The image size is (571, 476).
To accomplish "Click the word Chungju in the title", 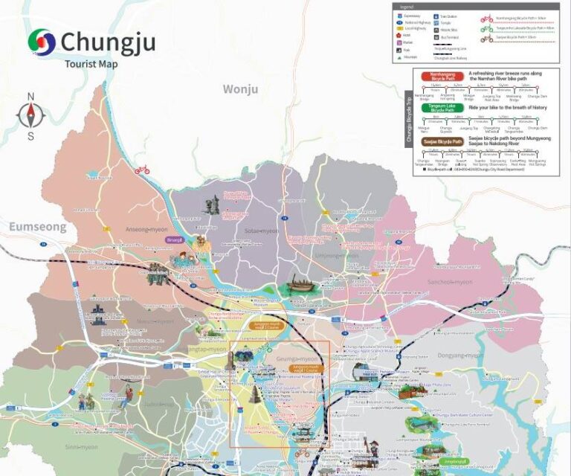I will coord(108,42).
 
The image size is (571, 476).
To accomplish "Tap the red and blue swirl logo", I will coord(42,42).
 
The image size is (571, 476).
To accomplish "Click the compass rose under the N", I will coord(31,116).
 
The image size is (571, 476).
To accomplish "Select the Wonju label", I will coord(240,89).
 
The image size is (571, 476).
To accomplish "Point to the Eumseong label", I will coord(37,226).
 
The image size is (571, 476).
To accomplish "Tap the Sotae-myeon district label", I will coord(261,231).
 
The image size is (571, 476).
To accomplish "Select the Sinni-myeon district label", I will coord(81,447).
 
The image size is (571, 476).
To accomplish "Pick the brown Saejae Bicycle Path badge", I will coord(442,141).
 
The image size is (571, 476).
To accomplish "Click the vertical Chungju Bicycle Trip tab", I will coord(408,118).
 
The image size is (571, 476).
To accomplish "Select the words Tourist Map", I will coord(91,63).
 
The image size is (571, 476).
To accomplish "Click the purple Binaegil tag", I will coord(174,239).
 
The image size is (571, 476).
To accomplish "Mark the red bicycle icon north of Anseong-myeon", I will coord(141,170).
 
